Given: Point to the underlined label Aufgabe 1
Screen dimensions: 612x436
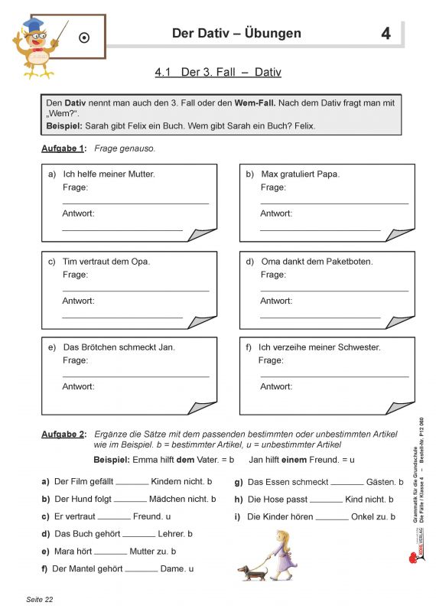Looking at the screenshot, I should (x=63, y=148).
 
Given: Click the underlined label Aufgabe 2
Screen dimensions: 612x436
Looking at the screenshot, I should (x=63, y=435).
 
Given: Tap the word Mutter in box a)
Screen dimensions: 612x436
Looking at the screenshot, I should (x=138, y=174).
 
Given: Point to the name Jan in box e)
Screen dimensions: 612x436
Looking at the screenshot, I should (x=167, y=347).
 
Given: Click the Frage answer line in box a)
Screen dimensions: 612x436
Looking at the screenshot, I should (x=135, y=203).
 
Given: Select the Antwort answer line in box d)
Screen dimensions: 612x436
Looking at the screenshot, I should (x=320, y=316).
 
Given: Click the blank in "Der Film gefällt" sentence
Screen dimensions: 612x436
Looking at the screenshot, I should (x=132, y=483).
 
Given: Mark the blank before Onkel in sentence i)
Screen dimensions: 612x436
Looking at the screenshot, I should (x=332, y=518).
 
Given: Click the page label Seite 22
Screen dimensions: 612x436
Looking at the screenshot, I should (x=41, y=599).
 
